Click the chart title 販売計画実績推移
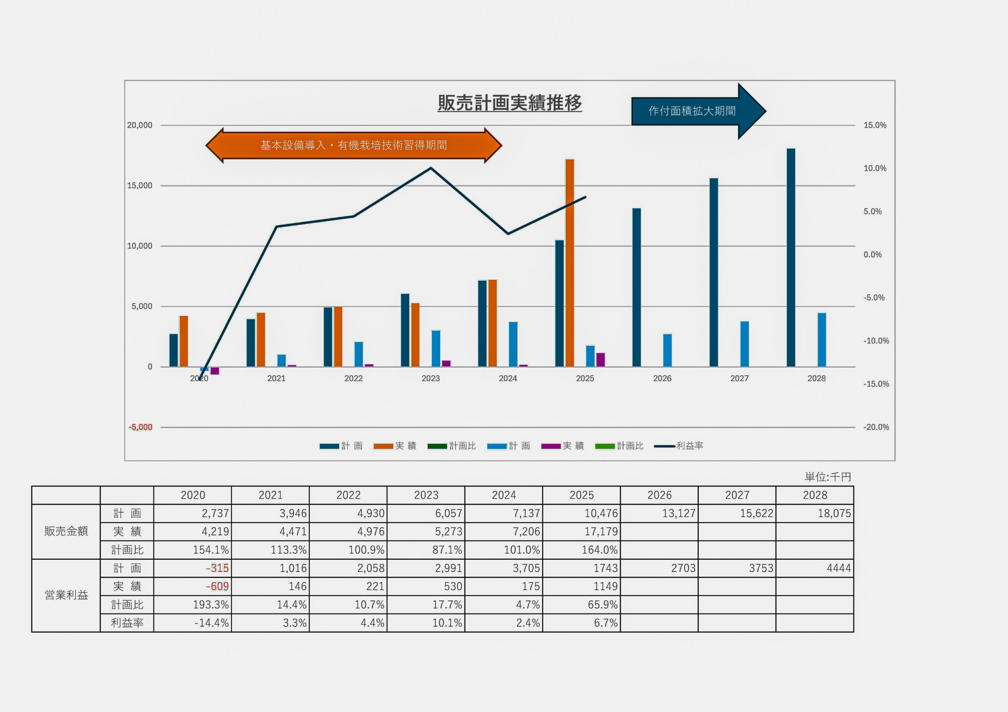click(x=509, y=103)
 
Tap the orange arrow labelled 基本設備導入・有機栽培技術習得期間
click(x=354, y=145)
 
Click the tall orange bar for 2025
click(x=569, y=263)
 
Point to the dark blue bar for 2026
click(x=636, y=288)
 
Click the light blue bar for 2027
click(x=745, y=344)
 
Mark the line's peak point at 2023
click(x=431, y=168)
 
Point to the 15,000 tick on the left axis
click(x=140, y=186)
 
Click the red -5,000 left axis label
click(x=141, y=427)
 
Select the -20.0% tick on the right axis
click(x=876, y=427)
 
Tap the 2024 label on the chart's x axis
click(x=508, y=378)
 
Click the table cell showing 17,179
click(x=600, y=532)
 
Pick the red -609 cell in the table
click(x=217, y=586)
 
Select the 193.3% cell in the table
click(x=211, y=605)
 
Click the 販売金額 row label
click(x=66, y=532)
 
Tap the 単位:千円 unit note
click(x=828, y=477)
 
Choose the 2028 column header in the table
click(x=814, y=495)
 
